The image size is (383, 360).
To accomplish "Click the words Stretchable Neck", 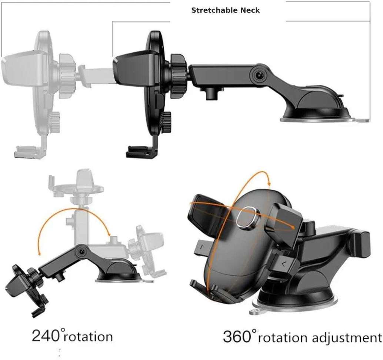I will point(225,10).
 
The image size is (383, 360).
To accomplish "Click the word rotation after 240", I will point(89,337).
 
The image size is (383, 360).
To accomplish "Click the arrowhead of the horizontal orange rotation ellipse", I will point(295,226).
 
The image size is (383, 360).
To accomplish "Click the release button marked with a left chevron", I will point(284,263).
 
